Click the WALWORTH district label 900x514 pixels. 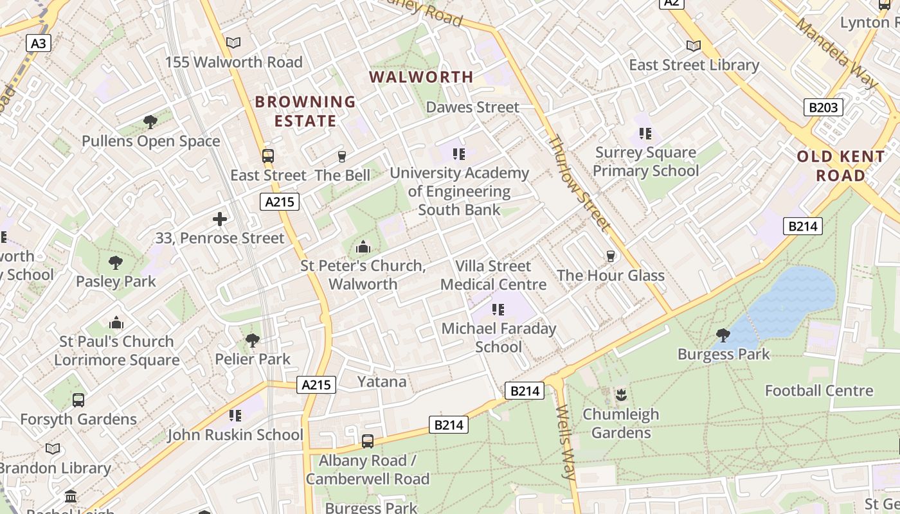pos(421,77)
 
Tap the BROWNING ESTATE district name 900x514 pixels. pos(305,111)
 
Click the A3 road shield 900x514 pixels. pos(39,43)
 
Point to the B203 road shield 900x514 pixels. pos(823,107)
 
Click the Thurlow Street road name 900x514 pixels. pos(579,183)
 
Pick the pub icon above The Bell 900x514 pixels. pos(341,156)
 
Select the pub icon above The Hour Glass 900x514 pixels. pos(611,256)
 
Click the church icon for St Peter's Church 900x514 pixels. pos(363,247)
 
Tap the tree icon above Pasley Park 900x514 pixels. pos(116,262)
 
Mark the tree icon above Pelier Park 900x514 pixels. pos(253,340)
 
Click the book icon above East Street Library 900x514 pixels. pos(693,46)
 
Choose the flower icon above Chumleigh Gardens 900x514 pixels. pos(620,394)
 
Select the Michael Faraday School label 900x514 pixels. pos(498,338)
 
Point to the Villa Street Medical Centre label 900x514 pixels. pos(493,275)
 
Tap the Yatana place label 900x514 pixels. pos(382,382)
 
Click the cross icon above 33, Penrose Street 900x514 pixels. pos(220,219)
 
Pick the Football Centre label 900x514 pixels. pos(818,391)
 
